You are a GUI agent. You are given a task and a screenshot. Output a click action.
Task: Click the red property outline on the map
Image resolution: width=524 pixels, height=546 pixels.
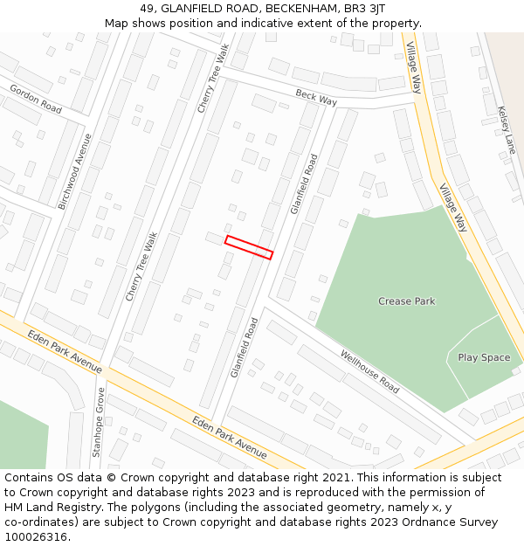coord(249,247)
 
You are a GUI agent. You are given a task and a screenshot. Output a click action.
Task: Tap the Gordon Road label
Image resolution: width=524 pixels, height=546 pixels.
coord(36,99)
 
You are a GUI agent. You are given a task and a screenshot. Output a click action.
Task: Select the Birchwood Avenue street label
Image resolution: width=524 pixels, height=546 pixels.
coord(74,171)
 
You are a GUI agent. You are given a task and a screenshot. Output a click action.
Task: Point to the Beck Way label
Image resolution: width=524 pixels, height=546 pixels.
coord(315,97)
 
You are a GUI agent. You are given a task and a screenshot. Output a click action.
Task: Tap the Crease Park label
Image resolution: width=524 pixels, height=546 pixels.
coord(406,301)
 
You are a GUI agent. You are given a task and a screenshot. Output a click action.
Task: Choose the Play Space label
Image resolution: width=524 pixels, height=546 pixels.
coord(484,357)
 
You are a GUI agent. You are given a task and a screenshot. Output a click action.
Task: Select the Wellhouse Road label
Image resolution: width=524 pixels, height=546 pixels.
coord(369,371)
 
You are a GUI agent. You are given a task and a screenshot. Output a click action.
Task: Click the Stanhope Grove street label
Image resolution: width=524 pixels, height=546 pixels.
coord(99,423)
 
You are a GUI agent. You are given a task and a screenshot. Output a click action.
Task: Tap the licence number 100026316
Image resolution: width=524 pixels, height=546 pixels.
coord(36,537)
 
